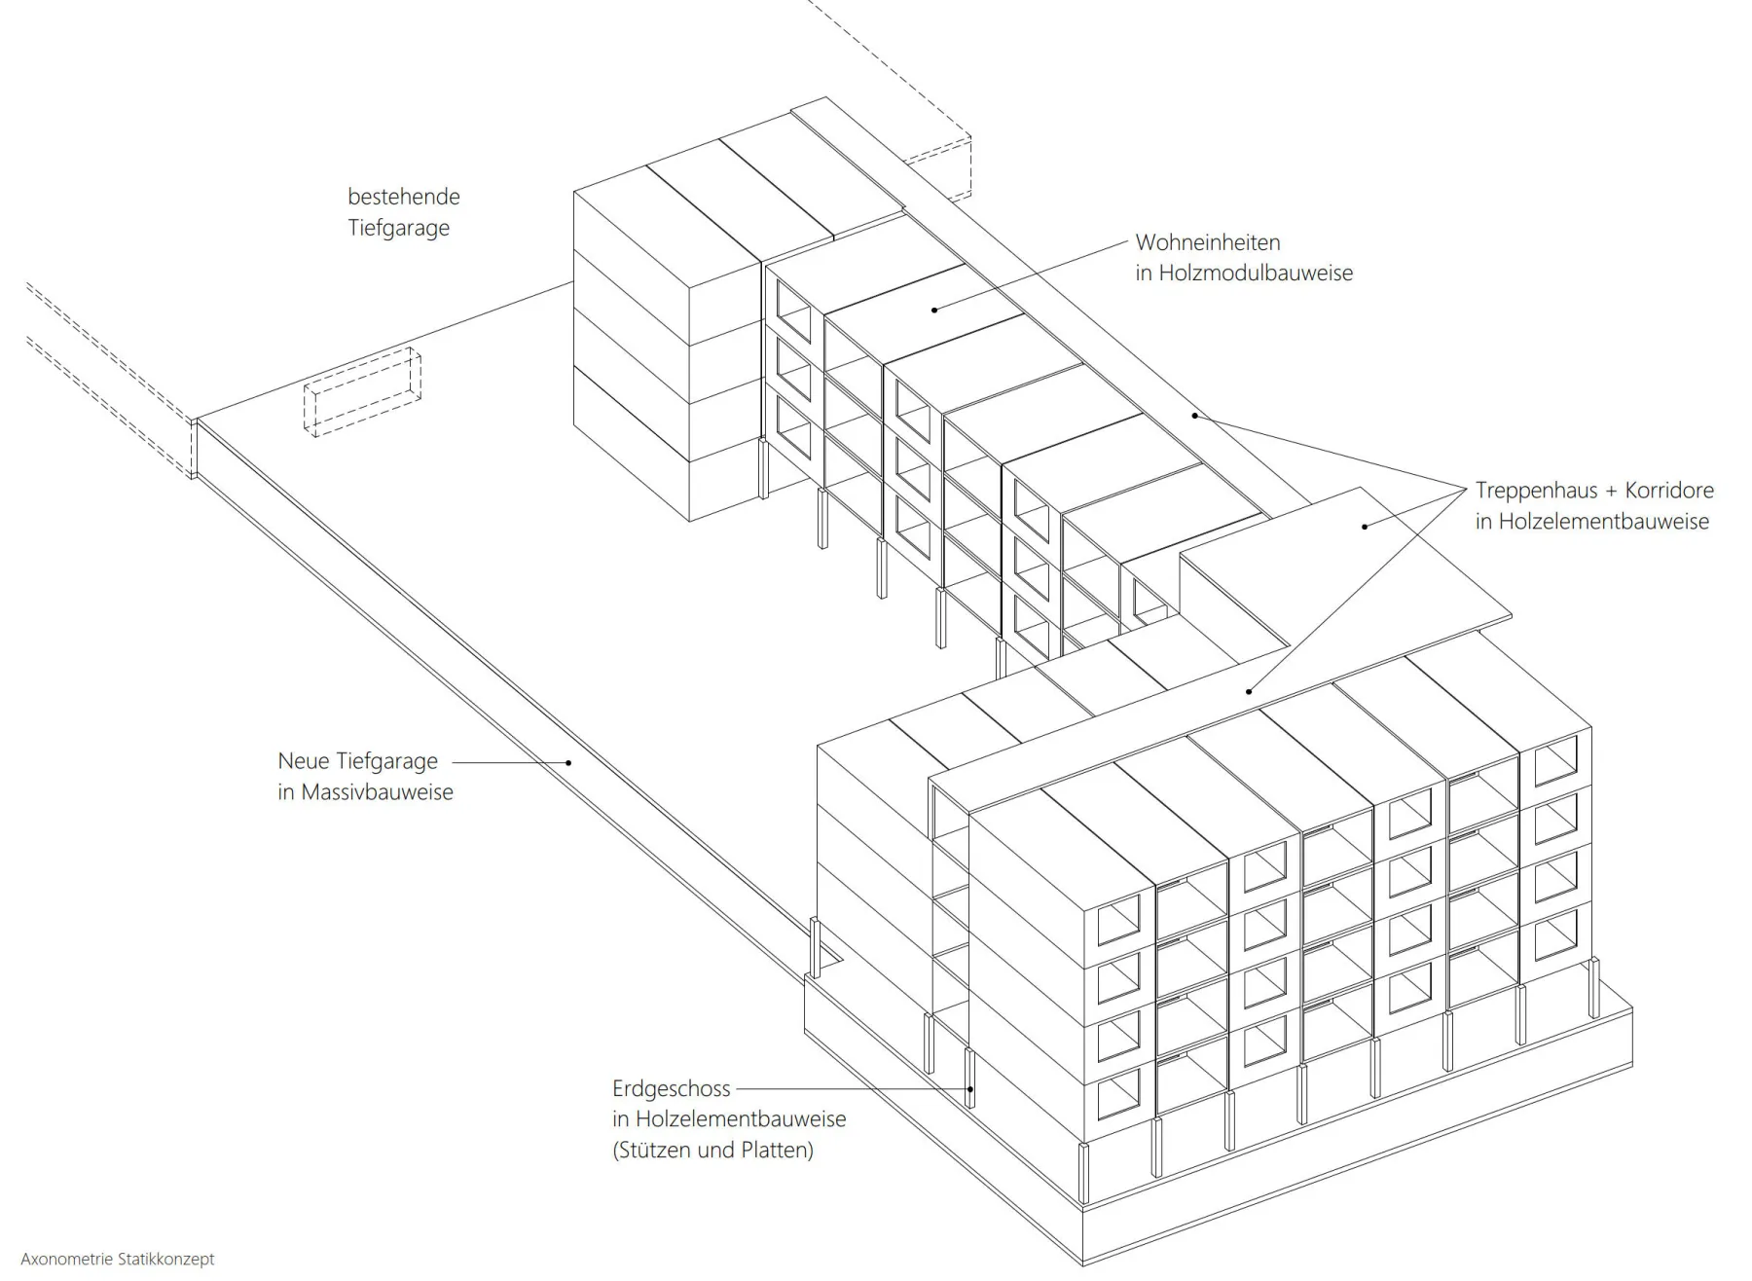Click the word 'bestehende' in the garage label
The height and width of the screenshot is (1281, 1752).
(404, 197)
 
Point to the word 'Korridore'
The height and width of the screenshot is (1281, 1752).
(1669, 491)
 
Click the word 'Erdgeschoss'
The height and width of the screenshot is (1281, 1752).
(671, 1089)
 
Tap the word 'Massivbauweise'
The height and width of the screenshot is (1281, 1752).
(378, 792)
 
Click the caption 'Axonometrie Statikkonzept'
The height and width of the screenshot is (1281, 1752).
(118, 1260)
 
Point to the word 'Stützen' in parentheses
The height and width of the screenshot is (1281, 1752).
(653, 1151)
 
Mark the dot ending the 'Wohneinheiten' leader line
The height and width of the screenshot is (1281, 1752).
(934, 310)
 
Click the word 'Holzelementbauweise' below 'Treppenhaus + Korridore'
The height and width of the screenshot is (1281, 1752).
(1604, 522)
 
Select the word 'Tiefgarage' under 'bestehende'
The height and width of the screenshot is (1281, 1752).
(399, 228)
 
